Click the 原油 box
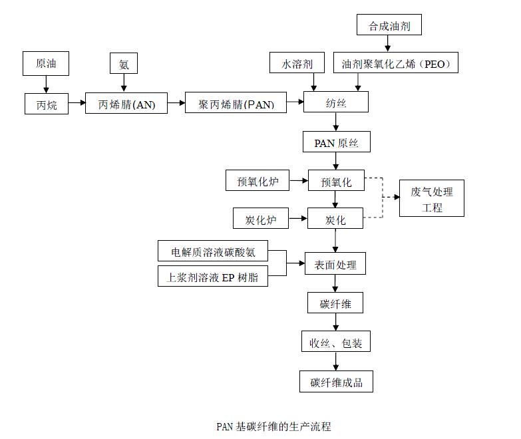tap(46, 63)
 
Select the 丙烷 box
tap(47, 104)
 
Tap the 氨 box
tap(124, 63)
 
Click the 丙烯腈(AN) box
tap(126, 104)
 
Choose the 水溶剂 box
tap(298, 63)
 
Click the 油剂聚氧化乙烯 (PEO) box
tap(396, 63)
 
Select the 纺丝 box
tap(335, 102)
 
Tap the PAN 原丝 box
tap(336, 142)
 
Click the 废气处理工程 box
tap(431, 198)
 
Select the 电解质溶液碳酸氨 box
tap(213, 251)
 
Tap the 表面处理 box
tap(335, 264)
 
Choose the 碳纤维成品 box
tap(335, 382)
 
